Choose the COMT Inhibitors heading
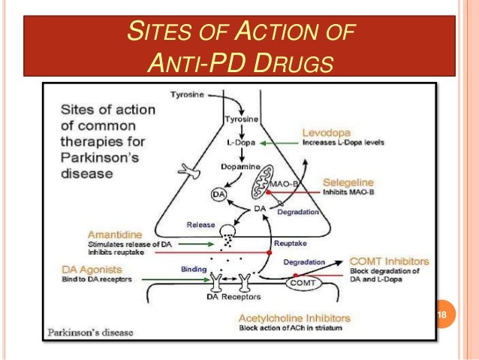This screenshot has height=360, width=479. (x=390, y=262)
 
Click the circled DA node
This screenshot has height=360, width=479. (x=219, y=193)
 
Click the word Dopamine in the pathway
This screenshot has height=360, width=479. (x=240, y=165)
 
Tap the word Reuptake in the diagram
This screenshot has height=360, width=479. (x=292, y=244)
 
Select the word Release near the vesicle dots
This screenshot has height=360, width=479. (x=200, y=224)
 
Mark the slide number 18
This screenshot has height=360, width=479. (x=441, y=313)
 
